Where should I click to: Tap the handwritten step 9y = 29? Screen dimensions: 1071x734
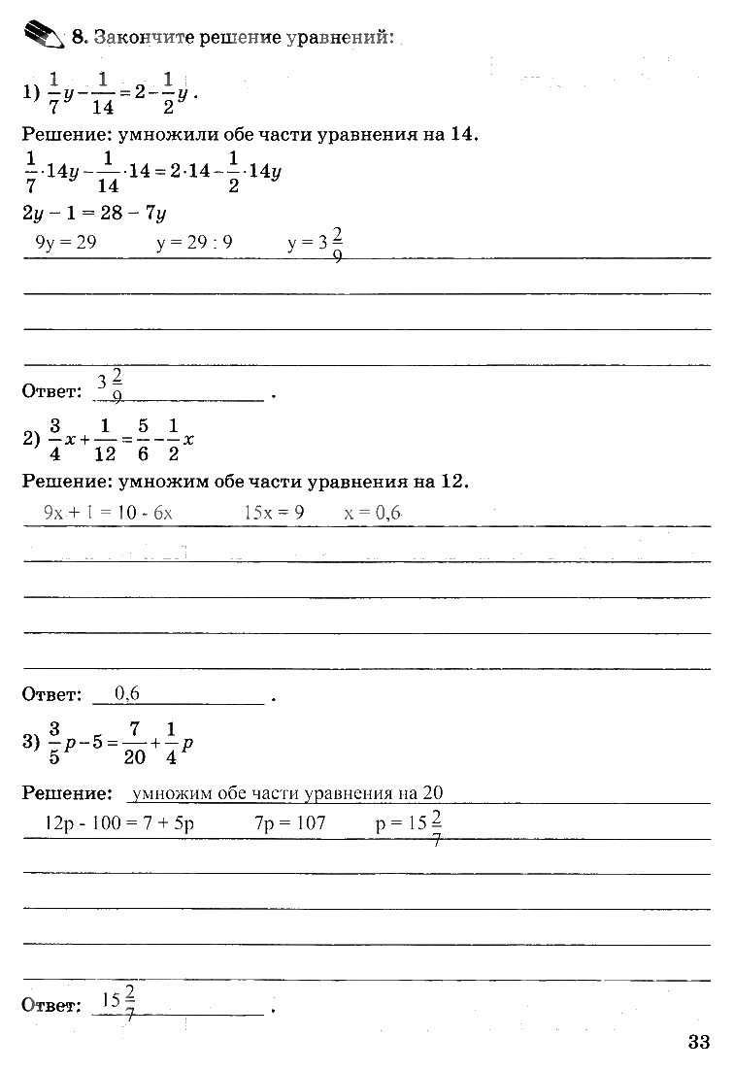pos(65,243)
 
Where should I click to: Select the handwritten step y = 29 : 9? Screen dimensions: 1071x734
pos(194,243)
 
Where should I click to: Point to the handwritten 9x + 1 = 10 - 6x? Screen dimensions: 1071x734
pos(108,513)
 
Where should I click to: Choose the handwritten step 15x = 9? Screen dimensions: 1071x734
pos(274,513)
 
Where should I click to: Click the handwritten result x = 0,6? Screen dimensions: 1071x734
pos(372,513)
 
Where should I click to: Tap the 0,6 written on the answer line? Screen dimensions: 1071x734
pos(127,693)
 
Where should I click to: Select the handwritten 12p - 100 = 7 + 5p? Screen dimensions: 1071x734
pos(120,823)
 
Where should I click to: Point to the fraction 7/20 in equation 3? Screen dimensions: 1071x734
pos(134,743)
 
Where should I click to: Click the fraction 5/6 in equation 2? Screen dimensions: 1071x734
pos(143,439)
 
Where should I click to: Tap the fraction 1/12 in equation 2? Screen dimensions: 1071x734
pos(107,439)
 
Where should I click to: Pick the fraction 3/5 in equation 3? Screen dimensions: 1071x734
pos(54,743)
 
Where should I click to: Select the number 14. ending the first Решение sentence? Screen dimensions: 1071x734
pos(465,135)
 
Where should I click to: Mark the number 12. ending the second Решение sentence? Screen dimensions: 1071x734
pos(454,481)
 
